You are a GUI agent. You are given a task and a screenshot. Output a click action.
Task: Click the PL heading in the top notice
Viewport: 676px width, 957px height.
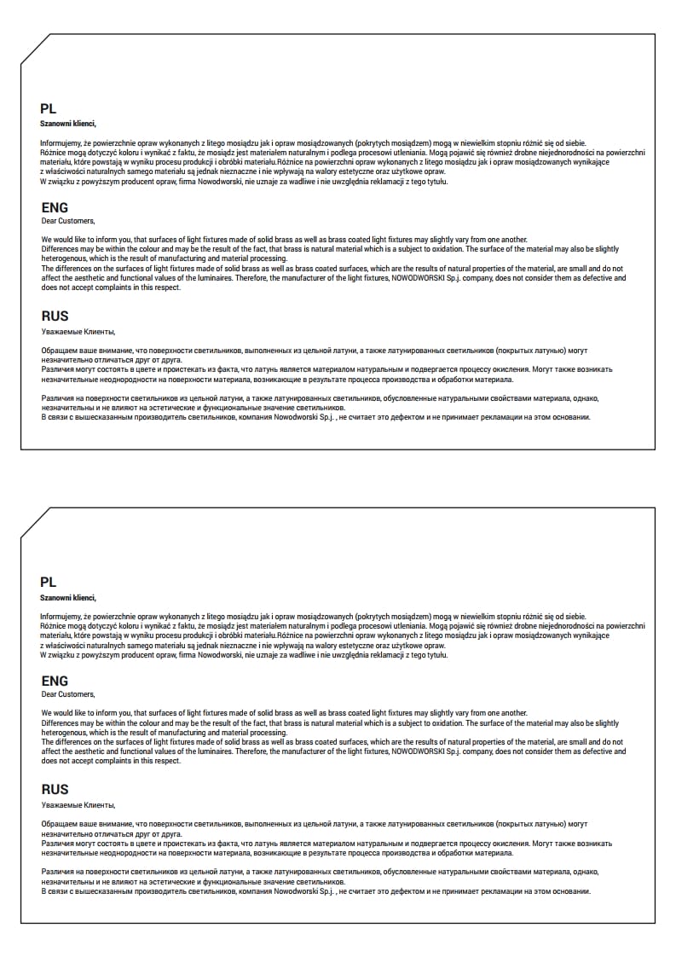pos(49,108)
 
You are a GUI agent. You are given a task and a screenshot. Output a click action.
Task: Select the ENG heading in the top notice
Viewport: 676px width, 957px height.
pos(55,207)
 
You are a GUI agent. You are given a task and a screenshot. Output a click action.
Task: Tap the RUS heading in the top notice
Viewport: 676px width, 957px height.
pos(55,316)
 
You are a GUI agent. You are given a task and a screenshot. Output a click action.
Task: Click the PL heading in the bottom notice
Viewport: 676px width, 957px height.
pos(49,582)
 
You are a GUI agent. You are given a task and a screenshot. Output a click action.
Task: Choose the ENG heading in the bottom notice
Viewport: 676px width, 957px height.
pos(55,681)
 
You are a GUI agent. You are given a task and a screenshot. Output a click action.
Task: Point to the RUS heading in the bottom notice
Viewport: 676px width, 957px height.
pos(55,790)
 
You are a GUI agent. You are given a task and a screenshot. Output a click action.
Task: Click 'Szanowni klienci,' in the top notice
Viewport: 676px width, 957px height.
pos(68,124)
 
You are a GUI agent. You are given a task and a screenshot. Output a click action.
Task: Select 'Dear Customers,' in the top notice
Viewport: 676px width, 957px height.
pos(68,221)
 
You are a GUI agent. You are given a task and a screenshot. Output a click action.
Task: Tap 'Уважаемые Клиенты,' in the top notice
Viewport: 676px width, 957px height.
pos(78,331)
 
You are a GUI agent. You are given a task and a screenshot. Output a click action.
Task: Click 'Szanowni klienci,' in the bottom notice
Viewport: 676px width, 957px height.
pos(68,597)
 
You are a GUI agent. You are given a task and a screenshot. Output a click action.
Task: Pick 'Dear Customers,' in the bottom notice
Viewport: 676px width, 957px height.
pos(68,694)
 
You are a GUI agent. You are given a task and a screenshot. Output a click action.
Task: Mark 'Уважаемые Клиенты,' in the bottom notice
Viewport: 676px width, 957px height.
pos(78,804)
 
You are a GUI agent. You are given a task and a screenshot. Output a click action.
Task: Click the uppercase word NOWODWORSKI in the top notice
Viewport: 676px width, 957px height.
pos(418,278)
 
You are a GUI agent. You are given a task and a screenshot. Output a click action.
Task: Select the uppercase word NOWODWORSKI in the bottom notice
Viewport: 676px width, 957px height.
pos(418,751)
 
